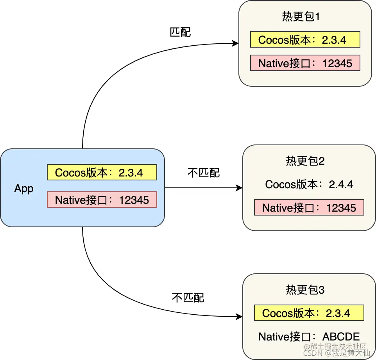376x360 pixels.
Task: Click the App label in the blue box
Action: point(24,189)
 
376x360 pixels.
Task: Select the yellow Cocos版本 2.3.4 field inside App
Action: point(102,172)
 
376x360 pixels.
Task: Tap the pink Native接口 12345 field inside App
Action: point(102,200)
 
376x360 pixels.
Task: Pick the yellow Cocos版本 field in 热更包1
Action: point(305,39)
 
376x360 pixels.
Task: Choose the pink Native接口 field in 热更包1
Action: point(305,63)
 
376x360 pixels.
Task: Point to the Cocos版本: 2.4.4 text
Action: point(309,184)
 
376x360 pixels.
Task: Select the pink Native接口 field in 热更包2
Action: point(309,207)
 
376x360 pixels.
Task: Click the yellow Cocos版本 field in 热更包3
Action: point(309,313)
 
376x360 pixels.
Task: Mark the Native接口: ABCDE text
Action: point(309,336)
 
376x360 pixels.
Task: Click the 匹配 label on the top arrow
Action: point(180,32)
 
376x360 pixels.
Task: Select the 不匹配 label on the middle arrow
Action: point(204,173)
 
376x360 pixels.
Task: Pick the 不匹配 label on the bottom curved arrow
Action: point(188,298)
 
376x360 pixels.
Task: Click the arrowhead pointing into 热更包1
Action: point(235,43)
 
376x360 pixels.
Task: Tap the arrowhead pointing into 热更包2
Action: point(239,188)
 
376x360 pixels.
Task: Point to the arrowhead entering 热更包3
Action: point(239,317)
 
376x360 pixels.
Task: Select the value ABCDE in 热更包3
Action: point(341,336)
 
